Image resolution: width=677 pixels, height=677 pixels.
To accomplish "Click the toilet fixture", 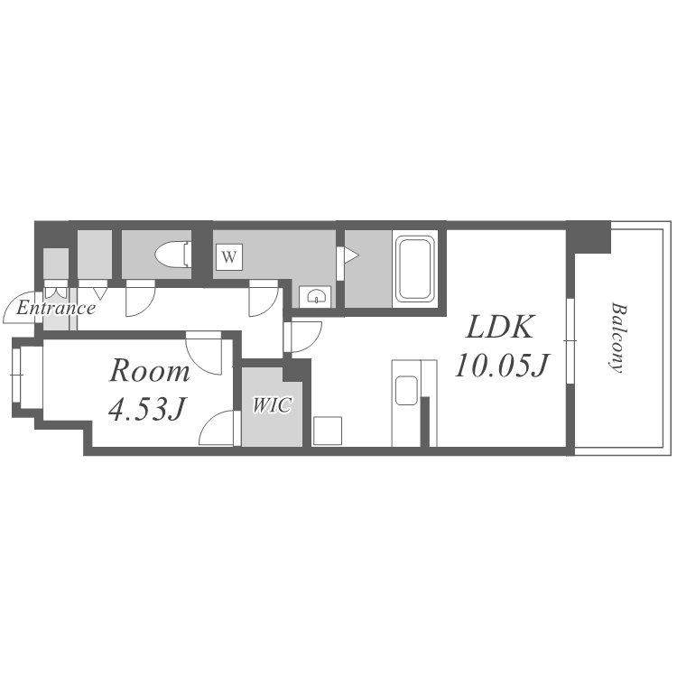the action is pos(173,255).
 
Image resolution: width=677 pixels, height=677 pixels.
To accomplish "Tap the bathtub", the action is pos(415,269).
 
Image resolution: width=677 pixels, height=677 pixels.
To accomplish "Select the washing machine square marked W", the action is pos(229,257).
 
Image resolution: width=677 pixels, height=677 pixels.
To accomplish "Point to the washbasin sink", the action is pos(316,296).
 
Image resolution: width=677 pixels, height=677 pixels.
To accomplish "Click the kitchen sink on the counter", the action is pos(406,390).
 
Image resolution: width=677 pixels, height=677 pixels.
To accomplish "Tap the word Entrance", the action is pos(56,309).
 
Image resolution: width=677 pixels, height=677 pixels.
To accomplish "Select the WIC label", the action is pos(273,405).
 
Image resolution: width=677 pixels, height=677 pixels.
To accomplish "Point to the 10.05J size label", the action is pos(501,366).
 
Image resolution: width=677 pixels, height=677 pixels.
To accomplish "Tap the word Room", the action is pos(149,371).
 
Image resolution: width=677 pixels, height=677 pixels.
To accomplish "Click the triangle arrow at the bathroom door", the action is pos(351,255).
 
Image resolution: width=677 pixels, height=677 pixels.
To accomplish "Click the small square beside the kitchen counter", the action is pos(328,431).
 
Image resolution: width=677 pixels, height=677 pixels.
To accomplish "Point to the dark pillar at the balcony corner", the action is pos(589,237).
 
